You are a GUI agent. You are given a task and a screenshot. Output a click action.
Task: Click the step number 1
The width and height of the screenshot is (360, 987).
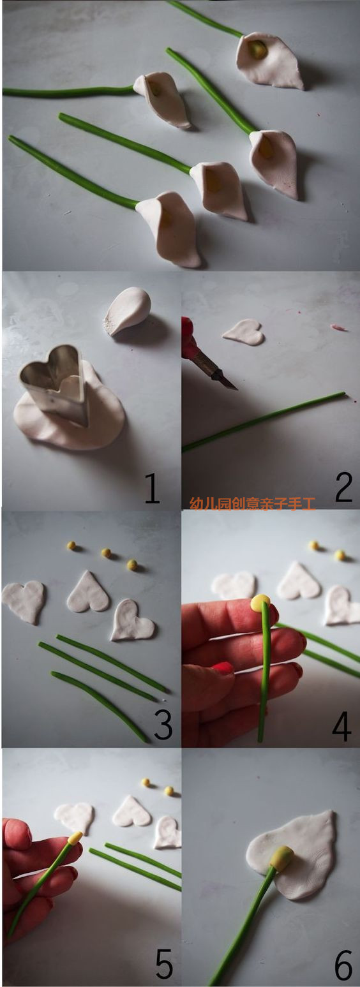(152, 488)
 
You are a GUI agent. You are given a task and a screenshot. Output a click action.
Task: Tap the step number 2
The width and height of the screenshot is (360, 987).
(343, 488)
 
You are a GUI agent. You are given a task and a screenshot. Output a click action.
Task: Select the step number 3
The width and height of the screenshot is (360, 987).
(163, 725)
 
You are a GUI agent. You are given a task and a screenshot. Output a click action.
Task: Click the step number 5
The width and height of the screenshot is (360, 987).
(163, 965)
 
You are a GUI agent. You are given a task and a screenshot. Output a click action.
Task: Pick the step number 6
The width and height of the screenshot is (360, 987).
(343, 966)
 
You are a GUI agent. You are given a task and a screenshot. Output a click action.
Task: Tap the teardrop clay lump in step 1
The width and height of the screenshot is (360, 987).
(128, 310)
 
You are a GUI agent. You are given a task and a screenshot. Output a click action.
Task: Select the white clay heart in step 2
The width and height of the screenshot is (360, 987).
(244, 332)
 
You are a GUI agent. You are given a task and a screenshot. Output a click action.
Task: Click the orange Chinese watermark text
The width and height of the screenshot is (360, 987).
(252, 503)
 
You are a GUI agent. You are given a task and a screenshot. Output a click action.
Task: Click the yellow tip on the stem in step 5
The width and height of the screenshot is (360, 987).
(75, 838)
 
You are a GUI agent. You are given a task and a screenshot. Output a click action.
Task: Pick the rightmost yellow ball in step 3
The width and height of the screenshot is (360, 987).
(132, 565)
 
